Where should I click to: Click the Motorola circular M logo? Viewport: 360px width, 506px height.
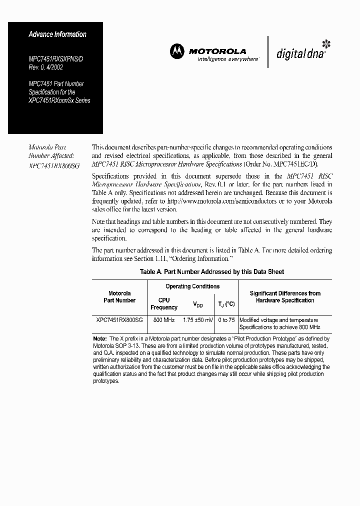(177, 51)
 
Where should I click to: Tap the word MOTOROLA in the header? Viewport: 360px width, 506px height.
(217, 51)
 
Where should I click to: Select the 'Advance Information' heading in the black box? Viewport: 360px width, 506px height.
(57, 34)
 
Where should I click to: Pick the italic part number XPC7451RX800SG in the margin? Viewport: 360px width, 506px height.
(54, 164)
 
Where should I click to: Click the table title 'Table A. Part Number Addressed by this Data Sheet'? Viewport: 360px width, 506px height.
(212, 272)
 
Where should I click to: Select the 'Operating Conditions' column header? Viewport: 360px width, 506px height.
(192, 286)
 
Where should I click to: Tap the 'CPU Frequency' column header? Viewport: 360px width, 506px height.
(164, 304)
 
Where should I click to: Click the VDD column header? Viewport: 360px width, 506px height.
(198, 304)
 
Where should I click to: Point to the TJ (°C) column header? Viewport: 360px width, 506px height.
(226, 304)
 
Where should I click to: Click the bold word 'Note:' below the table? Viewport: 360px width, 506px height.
(100, 339)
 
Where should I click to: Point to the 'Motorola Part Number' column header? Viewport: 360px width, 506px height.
(119, 297)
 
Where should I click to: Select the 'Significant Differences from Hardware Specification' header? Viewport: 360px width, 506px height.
(285, 297)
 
